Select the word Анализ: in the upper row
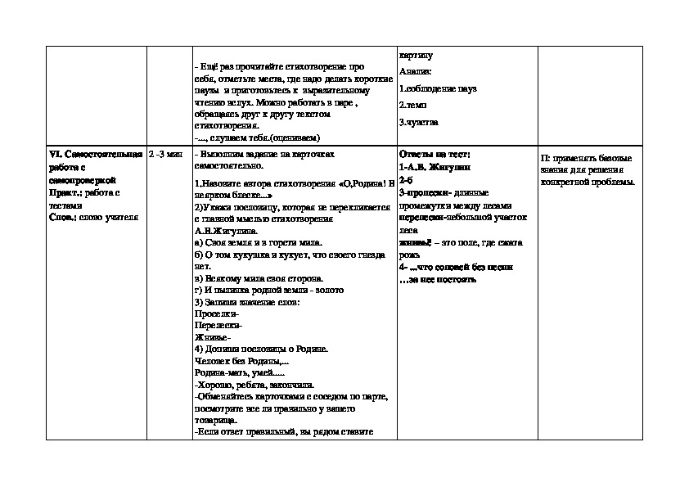pos(415,71)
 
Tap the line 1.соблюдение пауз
pos(438,88)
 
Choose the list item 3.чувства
pos(419,122)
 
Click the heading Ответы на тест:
pos(434,155)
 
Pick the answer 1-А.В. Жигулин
pos(435,166)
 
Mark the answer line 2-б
pos(407,179)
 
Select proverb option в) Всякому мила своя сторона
pos(258,278)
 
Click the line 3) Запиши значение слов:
pos(247,302)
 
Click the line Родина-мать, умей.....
pos(239,372)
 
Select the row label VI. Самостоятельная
pos(95,155)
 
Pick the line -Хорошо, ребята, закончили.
pos(255,384)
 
